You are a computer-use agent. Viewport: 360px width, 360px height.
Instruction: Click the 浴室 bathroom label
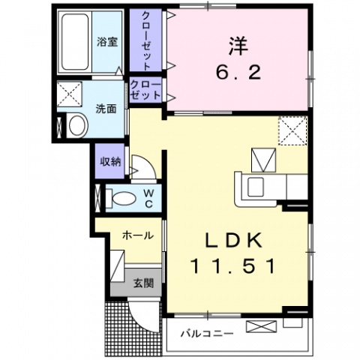tap(106, 41)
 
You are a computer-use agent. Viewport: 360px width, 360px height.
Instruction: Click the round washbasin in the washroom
tap(76, 127)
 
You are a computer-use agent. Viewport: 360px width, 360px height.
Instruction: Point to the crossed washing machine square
tap(72, 96)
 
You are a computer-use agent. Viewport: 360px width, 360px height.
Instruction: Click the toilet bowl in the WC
tap(122, 198)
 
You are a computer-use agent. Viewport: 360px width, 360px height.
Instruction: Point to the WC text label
tap(148, 198)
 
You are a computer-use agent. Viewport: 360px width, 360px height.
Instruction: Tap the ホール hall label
tap(139, 235)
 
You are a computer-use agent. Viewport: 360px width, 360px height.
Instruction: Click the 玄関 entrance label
tap(143, 283)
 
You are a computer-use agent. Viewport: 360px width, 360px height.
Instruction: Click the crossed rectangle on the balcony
tap(261, 326)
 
